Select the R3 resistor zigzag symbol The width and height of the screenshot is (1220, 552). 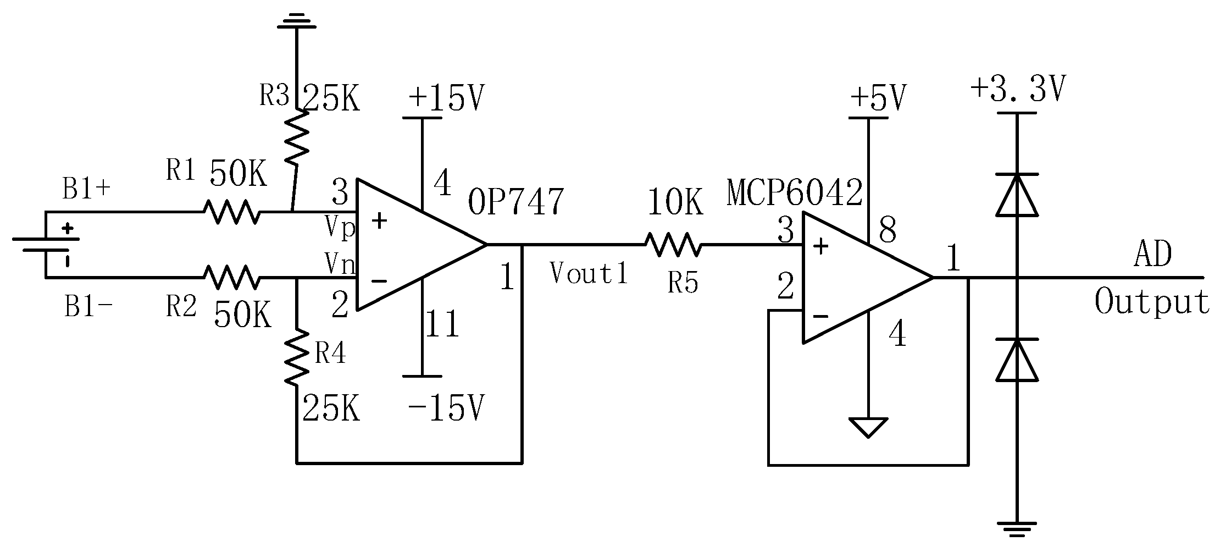tap(296, 137)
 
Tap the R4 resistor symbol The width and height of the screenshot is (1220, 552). tap(296, 357)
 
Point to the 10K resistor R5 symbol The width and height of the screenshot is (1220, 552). tap(673, 245)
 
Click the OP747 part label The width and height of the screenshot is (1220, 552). tap(515, 202)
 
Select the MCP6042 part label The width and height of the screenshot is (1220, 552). tap(794, 193)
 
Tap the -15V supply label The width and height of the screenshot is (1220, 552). tap(446, 409)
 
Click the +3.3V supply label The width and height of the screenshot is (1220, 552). tap(1018, 89)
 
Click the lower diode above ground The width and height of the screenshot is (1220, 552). tap(1017, 360)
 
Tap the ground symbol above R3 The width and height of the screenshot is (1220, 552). tap(296, 21)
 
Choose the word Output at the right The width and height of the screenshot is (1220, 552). tap(1152, 303)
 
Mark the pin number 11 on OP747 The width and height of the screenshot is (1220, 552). tap(442, 324)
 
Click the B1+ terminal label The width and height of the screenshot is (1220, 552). tap(87, 190)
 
